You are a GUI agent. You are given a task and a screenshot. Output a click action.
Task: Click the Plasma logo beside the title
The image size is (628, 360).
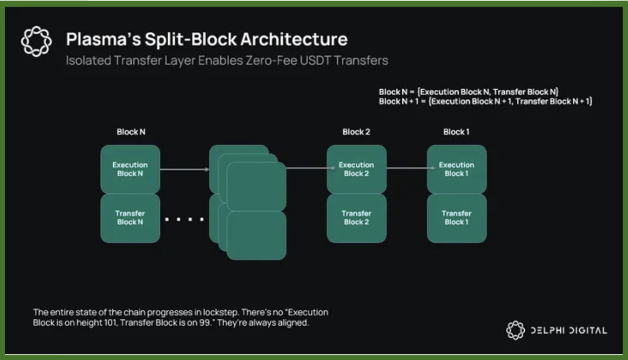[x=36, y=41]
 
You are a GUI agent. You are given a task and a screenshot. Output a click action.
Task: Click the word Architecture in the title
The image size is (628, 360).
[x=294, y=40]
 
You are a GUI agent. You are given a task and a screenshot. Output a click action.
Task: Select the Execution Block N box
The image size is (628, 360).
[x=130, y=169]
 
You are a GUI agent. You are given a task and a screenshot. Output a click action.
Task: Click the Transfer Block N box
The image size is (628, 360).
[x=130, y=218]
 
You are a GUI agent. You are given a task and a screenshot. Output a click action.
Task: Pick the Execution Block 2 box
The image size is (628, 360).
[x=356, y=169]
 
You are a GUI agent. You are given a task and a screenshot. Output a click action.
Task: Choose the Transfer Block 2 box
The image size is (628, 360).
[x=356, y=218]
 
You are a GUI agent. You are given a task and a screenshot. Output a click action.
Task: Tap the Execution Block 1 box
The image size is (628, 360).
[x=457, y=169]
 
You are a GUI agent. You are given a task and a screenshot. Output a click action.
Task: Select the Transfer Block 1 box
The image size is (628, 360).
[x=457, y=218]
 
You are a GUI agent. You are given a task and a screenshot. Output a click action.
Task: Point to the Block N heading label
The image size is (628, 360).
[x=131, y=132]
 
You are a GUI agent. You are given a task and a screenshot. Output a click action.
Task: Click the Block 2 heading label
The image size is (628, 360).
[x=356, y=132]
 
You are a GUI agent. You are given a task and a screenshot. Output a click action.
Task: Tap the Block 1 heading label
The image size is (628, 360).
[x=456, y=132]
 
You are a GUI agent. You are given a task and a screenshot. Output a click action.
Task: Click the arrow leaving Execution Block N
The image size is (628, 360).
[x=184, y=169]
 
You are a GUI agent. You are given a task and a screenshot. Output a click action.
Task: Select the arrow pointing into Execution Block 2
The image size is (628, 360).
[x=310, y=168]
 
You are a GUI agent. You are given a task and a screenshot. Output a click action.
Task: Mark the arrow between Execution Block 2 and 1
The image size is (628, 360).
[x=411, y=168]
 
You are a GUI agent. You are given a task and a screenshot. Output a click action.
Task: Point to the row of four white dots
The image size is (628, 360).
[x=184, y=219]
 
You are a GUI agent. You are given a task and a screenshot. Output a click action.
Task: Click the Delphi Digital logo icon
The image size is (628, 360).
[x=515, y=330]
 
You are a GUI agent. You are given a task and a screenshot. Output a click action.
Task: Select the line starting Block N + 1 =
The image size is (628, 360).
[x=485, y=102]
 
